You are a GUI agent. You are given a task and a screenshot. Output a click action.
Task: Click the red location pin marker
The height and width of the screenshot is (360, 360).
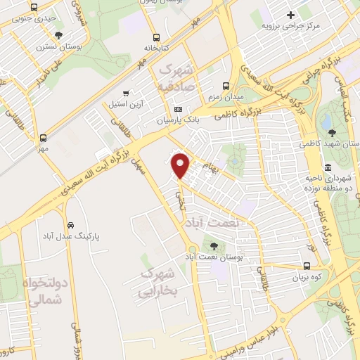tap(181, 166)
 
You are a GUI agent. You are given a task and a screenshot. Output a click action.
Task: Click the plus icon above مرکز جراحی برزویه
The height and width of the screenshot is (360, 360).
tap(290, 15)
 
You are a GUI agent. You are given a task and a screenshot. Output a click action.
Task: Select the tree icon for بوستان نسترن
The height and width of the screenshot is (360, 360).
tap(58, 35)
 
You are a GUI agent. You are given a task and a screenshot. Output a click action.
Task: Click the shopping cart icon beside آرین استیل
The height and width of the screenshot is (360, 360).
tap(126, 93)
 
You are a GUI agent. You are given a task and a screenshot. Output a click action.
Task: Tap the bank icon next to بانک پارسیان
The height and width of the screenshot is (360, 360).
tap(178, 109)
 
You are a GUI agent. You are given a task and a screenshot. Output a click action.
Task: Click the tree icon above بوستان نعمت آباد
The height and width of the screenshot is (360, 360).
tap(214, 246)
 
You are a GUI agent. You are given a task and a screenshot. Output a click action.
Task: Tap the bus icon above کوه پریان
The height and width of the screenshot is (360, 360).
tap(307, 266)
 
